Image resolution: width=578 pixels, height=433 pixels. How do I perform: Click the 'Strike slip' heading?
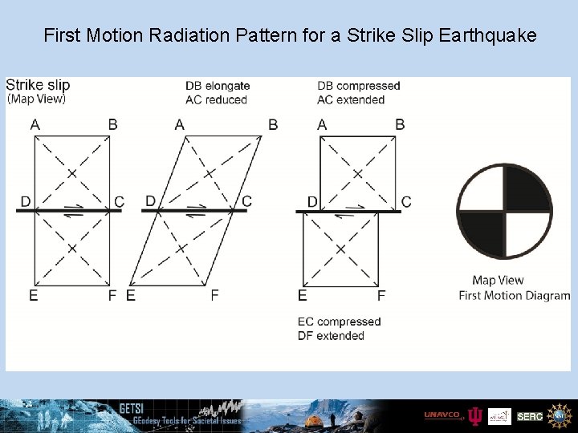(38, 85)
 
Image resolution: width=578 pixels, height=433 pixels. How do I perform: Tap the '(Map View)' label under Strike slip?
(37, 99)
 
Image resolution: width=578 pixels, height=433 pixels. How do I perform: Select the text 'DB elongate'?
(218, 86)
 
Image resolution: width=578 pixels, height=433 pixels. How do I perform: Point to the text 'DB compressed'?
(358, 86)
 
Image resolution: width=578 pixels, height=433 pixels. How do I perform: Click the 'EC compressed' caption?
(339, 322)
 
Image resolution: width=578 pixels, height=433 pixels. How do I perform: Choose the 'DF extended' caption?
(331, 336)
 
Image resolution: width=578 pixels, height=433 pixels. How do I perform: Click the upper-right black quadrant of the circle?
(526, 189)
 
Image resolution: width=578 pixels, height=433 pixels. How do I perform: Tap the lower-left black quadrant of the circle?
(483, 233)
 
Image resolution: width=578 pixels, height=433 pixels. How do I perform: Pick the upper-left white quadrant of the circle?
(483, 189)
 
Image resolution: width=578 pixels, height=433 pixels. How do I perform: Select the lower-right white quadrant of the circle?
(526, 233)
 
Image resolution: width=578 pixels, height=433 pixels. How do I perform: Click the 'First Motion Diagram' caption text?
(514, 295)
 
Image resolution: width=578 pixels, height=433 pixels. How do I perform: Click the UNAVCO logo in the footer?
(442, 415)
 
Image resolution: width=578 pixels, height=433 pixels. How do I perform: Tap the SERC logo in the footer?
(530, 416)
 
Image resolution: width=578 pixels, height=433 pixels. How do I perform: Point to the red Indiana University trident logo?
(475, 416)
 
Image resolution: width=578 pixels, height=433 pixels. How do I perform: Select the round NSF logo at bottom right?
(558, 416)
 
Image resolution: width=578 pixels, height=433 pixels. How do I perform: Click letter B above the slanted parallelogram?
(273, 125)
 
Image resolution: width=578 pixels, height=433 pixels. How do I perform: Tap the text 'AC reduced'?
(215, 99)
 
